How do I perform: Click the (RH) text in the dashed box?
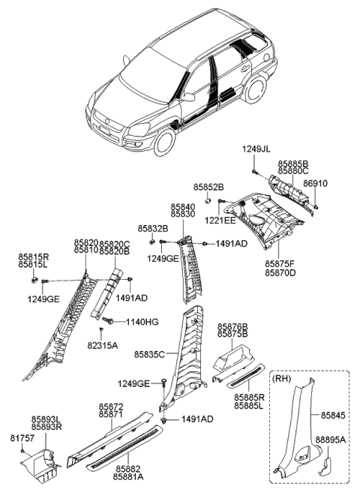283,379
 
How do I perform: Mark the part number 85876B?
232,327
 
